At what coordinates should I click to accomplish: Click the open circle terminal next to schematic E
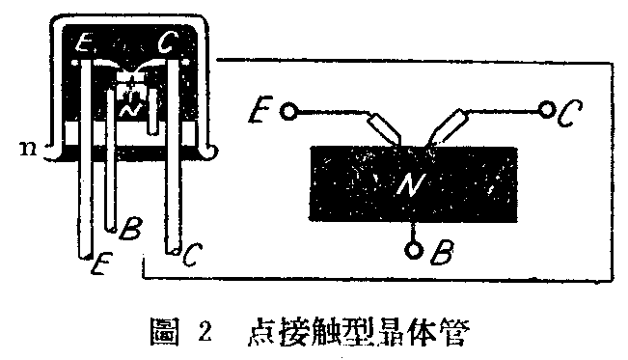(286, 111)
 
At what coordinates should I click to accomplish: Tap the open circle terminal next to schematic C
(547, 110)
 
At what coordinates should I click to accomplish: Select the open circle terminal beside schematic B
(414, 250)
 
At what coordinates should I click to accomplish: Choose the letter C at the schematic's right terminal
(570, 114)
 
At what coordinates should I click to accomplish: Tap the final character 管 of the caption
(453, 328)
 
